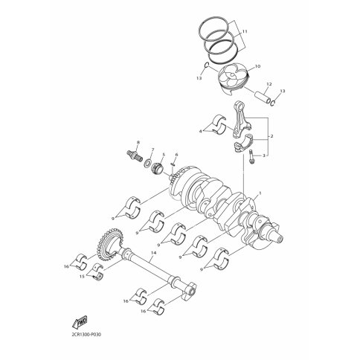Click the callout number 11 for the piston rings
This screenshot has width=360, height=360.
(245, 31)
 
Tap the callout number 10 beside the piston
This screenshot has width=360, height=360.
(257, 66)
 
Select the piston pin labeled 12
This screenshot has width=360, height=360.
(263, 97)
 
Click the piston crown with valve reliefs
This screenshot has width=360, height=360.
(233, 74)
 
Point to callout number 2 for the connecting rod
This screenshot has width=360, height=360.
(271, 136)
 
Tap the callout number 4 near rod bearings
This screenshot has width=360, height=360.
(201, 131)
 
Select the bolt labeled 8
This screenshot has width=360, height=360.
(134, 154)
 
